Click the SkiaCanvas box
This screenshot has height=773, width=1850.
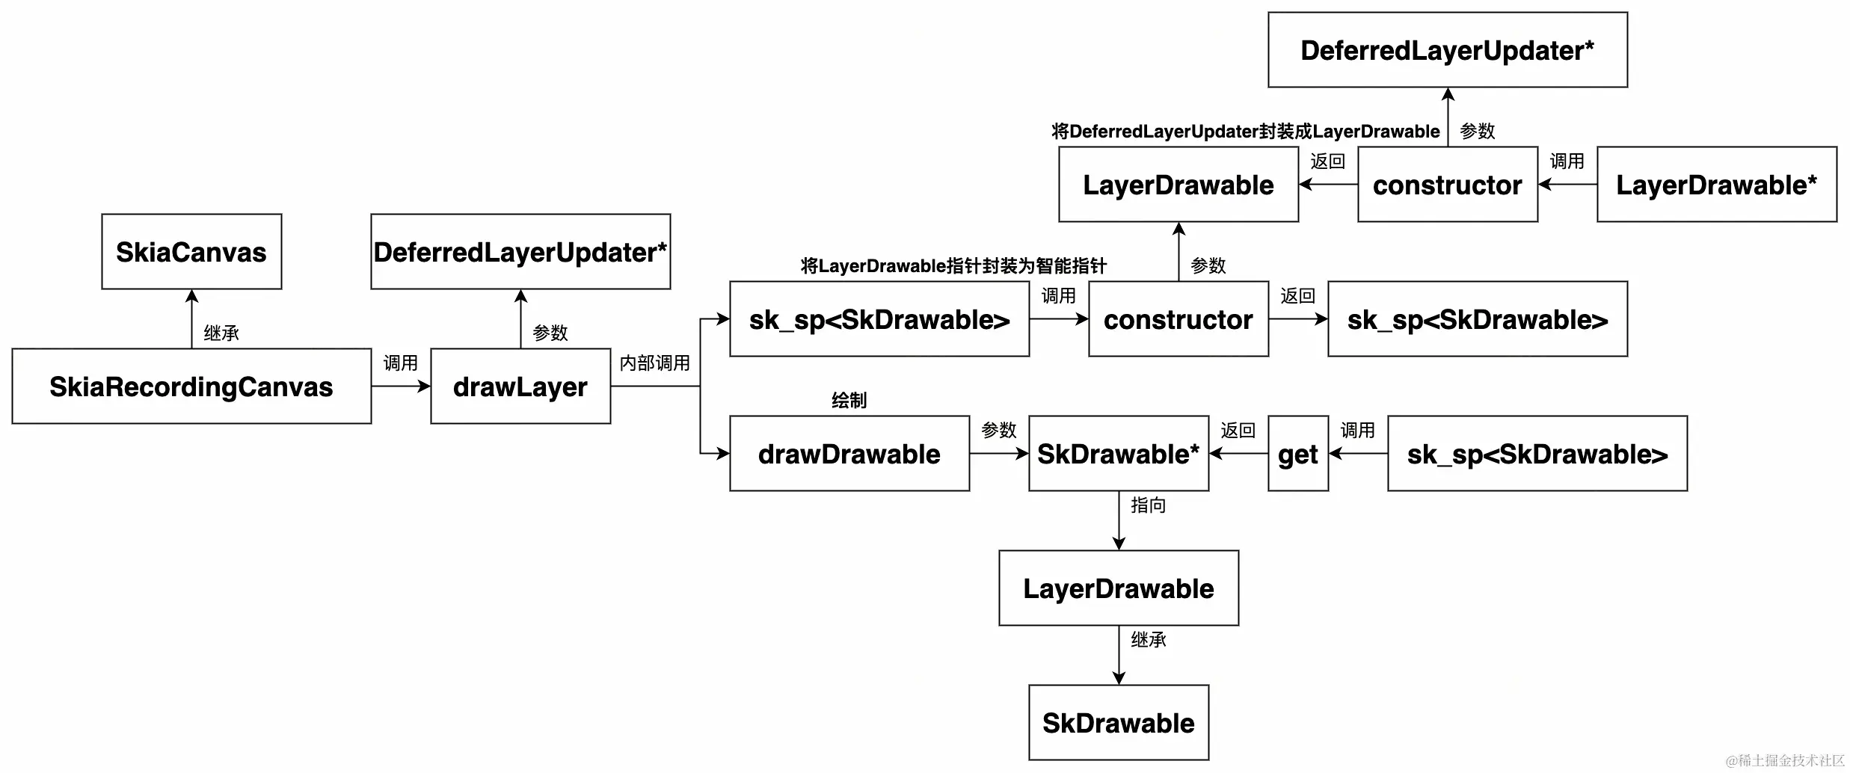[191, 252]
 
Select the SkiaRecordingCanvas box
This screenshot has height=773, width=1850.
[191, 386]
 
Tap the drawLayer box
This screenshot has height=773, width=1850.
[520, 386]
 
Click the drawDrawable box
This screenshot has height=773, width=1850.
[849, 454]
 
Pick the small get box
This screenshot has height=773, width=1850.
[1297, 454]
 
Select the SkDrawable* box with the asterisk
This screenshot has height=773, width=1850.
[1118, 454]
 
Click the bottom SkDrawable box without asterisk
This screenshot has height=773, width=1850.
[1118, 723]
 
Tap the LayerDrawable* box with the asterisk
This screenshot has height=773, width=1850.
[1716, 185]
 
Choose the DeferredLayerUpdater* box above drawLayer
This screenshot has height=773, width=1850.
[520, 252]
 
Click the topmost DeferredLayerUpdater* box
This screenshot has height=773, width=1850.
[1447, 50]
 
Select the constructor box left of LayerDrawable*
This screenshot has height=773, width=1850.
[1447, 185]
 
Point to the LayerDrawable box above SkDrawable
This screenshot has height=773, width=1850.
[1118, 588]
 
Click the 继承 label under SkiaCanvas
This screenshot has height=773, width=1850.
[221, 333]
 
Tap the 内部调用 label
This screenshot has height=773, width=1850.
[654, 363]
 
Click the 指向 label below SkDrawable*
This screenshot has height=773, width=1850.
[1148, 505]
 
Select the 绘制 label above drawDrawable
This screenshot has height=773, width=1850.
[849, 401]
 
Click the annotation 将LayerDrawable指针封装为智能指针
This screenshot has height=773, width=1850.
[953, 266]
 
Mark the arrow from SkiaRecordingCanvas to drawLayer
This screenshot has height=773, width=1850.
[401, 386]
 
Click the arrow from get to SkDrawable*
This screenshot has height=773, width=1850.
[1238, 454]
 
